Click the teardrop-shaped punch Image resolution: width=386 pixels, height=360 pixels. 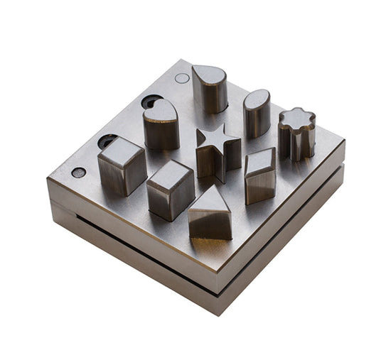(210, 89)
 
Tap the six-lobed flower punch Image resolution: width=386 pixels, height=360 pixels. (296, 133)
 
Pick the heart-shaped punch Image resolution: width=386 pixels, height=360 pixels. (161, 125)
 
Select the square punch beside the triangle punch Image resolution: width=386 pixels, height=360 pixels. (170, 189)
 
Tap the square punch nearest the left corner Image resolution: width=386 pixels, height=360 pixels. (122, 166)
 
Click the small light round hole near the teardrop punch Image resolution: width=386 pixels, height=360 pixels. (182, 78)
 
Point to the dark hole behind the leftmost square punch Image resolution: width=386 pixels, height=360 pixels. (107, 141)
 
